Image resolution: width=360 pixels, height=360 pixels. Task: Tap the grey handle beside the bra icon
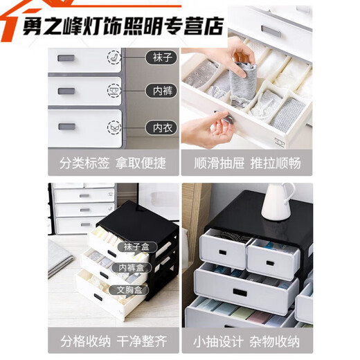[x=67, y=127]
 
